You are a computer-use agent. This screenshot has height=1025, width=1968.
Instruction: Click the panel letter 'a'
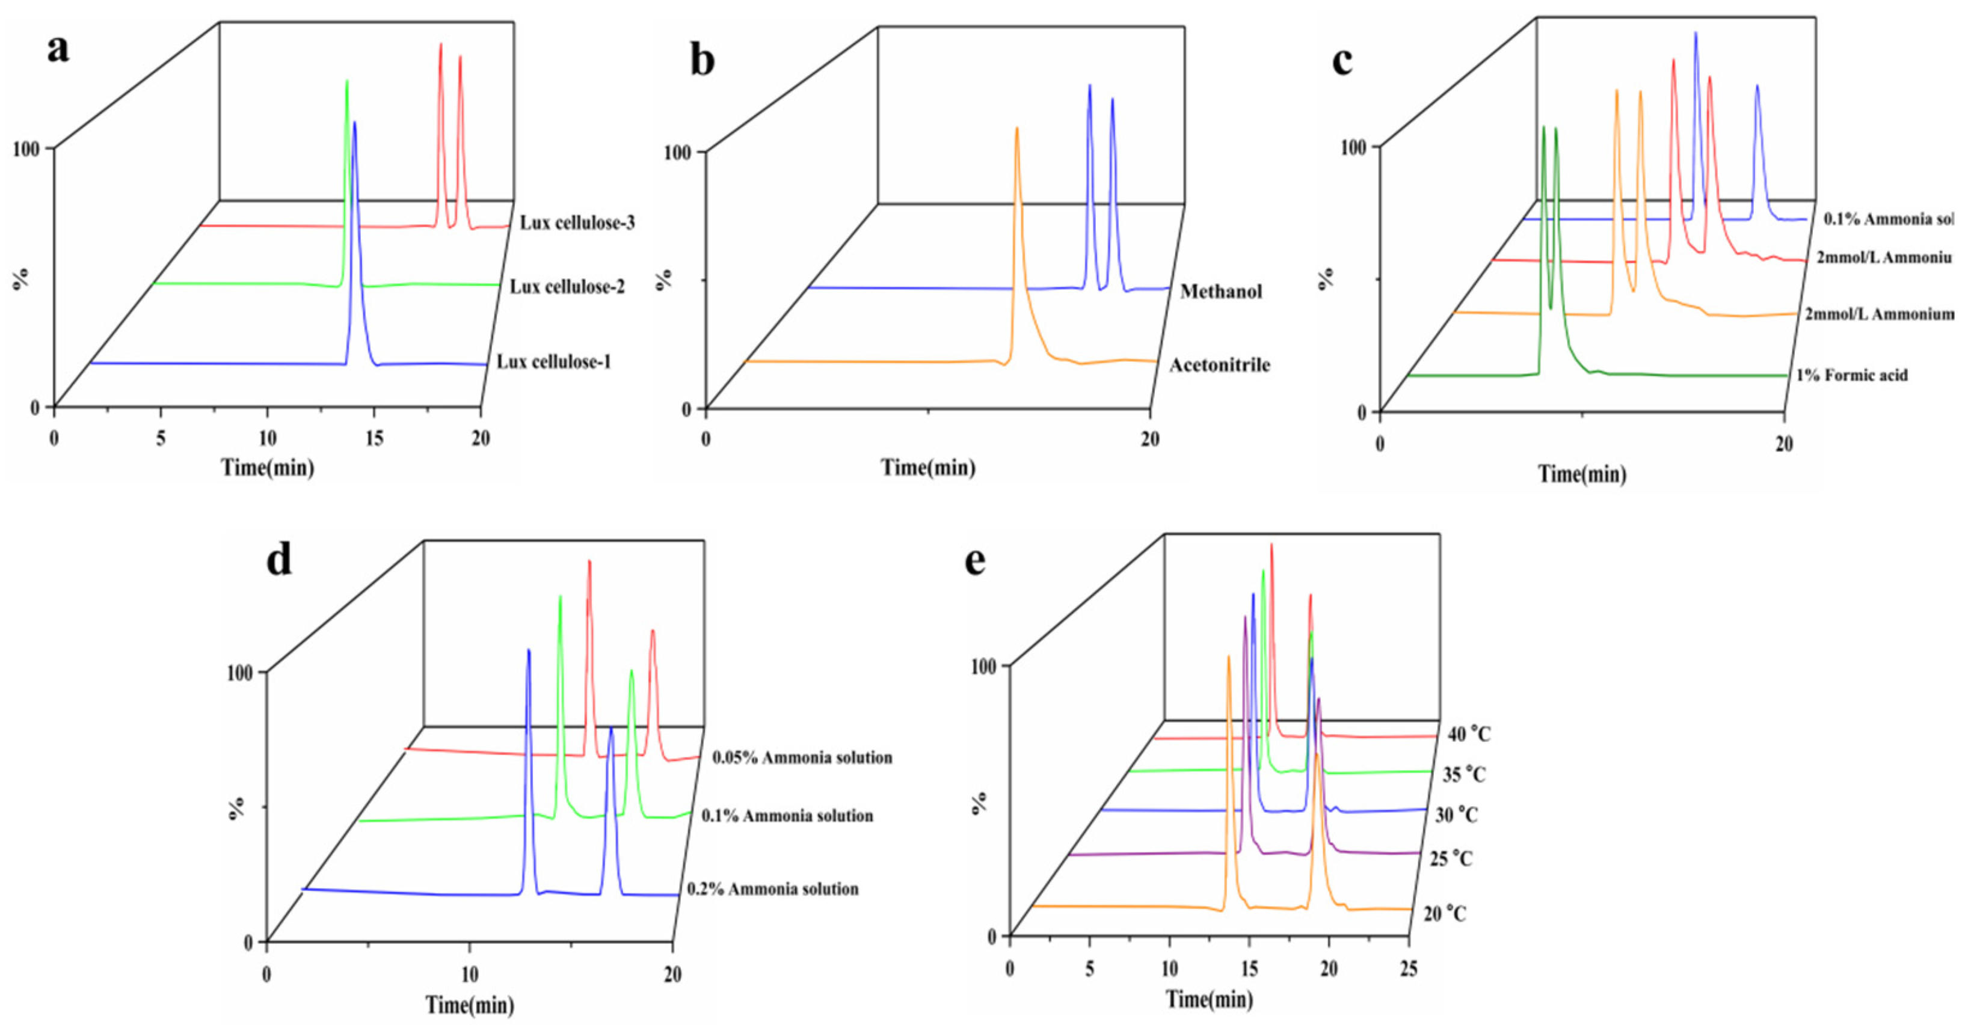(58, 50)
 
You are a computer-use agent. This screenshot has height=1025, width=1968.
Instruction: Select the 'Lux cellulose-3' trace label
(577, 223)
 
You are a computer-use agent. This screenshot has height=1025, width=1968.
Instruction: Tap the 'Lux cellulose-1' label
(554, 362)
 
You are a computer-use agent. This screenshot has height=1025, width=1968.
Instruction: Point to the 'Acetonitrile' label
(1219, 365)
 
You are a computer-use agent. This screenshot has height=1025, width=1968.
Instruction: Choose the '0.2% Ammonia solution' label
(772, 889)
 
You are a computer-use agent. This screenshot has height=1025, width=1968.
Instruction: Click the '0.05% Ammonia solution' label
(802, 757)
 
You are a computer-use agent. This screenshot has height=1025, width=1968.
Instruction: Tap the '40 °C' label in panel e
(1468, 735)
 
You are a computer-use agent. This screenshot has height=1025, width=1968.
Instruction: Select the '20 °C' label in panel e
(1444, 914)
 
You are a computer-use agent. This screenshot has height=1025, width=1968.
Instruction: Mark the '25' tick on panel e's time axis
(1408, 969)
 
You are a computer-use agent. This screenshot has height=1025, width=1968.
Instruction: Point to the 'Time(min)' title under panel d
(469, 1005)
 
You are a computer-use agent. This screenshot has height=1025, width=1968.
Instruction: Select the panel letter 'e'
(975, 561)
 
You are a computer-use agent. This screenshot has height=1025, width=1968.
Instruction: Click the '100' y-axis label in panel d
(240, 673)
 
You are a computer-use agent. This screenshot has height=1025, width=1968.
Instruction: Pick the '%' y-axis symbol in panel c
(1327, 278)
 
